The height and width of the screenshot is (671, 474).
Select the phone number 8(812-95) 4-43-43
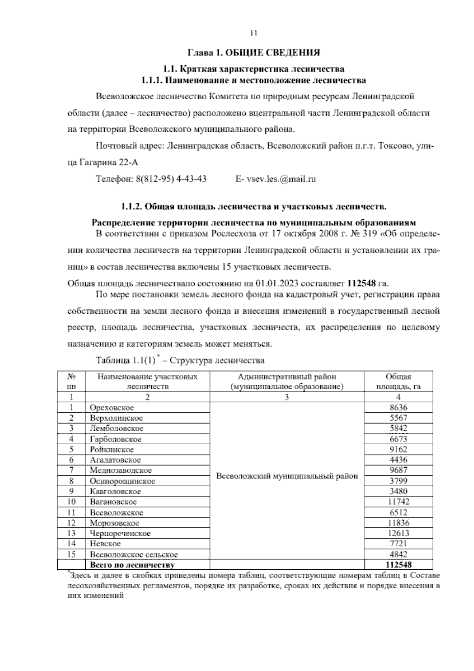(x=171, y=179)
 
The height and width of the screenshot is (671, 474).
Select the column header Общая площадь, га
(x=398, y=381)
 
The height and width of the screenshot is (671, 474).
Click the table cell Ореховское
(x=112, y=408)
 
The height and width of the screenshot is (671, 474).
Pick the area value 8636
(x=398, y=408)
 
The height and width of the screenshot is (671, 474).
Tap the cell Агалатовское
(x=115, y=460)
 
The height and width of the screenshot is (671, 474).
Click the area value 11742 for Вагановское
(x=398, y=502)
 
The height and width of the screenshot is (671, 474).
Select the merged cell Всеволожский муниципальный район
(x=287, y=476)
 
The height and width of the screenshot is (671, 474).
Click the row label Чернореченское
(x=120, y=533)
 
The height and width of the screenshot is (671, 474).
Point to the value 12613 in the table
(x=398, y=533)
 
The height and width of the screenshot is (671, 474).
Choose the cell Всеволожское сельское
(x=134, y=554)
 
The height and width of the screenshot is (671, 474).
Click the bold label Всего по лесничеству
(x=132, y=565)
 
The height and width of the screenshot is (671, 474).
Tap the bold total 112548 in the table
(x=398, y=565)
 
